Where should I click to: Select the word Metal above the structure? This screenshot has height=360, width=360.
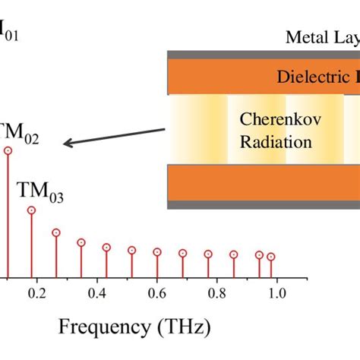coord(302,36)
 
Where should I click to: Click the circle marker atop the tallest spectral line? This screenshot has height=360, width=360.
coord(8,150)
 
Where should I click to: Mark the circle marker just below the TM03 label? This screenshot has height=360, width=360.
coord(31,210)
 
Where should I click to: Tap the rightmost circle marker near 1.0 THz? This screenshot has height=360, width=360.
coord(270,257)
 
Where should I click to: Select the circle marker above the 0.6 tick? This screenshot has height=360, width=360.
coord(157,251)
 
